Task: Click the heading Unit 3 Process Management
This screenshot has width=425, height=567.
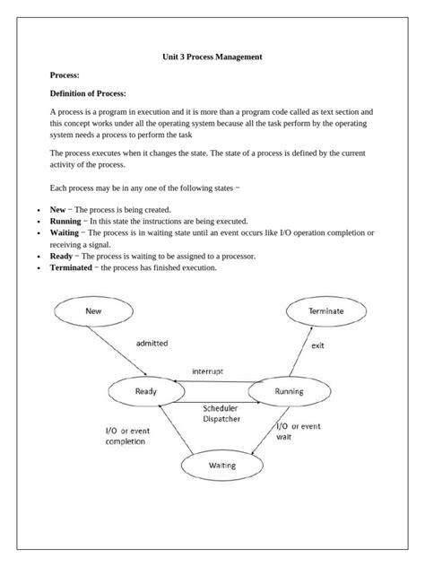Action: tap(212, 57)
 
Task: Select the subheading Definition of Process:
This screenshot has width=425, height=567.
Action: tap(88, 92)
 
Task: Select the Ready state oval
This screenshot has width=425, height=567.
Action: tap(145, 391)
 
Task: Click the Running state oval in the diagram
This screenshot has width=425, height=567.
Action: tap(288, 391)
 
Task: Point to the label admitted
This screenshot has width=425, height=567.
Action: tap(152, 343)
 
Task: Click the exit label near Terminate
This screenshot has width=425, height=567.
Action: tap(317, 345)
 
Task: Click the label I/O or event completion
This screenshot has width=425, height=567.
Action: tap(129, 436)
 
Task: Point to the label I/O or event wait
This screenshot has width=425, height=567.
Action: tap(298, 432)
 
